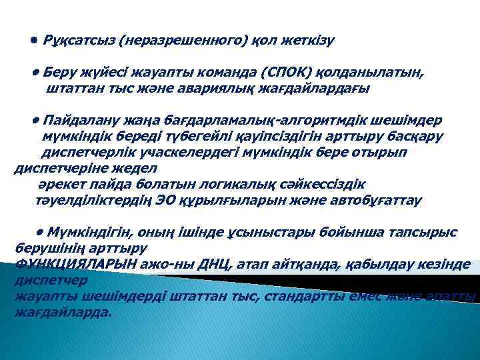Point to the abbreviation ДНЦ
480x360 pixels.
pyautogui.click(x=214, y=264)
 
